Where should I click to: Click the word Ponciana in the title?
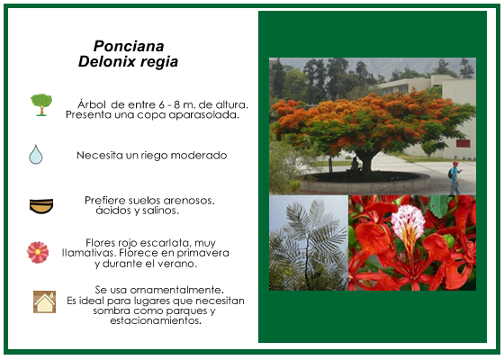point(129,46)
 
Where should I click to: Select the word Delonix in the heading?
point(103,61)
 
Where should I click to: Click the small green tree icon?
point(41,104)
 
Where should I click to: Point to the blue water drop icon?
point(36,155)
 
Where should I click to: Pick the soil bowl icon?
point(41,206)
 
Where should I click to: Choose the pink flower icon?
point(38,252)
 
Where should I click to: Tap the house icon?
point(45,301)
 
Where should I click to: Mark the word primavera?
point(202,253)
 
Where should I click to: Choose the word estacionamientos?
point(156,320)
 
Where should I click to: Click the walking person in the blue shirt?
point(454,178)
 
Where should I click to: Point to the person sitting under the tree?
point(355,164)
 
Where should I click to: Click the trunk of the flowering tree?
point(365,161)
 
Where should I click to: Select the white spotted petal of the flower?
point(408,222)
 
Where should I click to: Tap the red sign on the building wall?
point(463,144)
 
